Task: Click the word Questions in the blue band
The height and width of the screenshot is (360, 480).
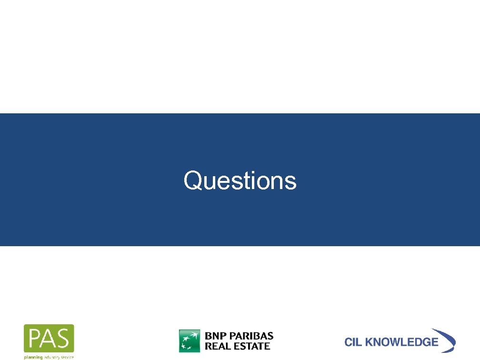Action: pos(240,181)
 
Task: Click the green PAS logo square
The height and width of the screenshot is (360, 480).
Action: pos(49,339)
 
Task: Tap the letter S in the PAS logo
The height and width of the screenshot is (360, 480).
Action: pos(64,339)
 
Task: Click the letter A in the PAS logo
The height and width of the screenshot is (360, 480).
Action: pos(49,339)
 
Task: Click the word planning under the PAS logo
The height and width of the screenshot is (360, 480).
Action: pos(34,356)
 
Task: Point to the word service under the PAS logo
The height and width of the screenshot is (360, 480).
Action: pos(67,356)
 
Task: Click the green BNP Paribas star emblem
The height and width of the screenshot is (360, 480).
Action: pos(190,340)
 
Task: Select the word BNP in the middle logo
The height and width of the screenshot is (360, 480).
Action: pos(216,335)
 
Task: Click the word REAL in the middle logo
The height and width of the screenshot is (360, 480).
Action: pos(217,346)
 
